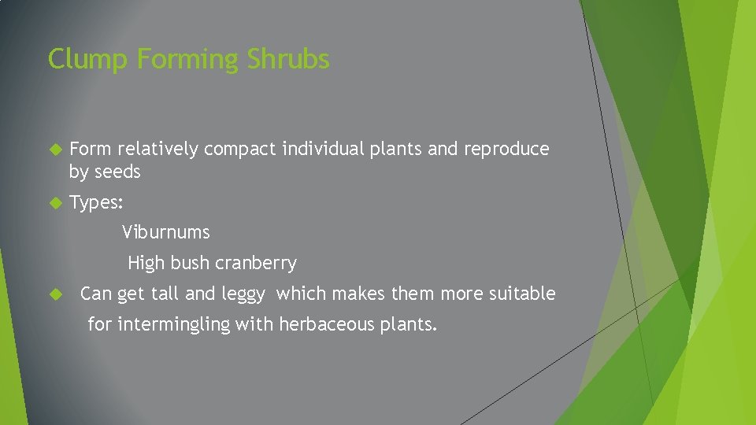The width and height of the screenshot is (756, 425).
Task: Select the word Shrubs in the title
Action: point(288,60)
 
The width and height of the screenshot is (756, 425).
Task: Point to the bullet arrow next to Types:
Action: point(55,203)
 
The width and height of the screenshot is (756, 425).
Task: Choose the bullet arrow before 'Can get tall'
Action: point(55,294)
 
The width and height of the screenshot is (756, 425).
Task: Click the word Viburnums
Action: point(166,232)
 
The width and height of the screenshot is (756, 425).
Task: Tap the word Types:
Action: point(96,203)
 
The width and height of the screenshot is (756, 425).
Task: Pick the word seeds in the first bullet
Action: point(117,172)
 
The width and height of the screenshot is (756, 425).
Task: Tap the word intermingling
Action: point(175,323)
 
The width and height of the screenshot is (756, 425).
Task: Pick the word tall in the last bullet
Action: point(165,294)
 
